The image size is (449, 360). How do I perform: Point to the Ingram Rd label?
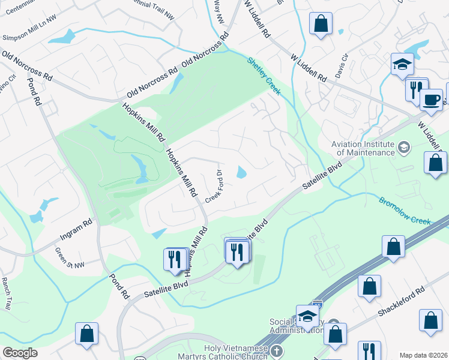(x=76, y=229)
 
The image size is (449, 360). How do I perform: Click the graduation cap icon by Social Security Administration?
(x=307, y=316)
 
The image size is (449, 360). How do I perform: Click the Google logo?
(x=20, y=353)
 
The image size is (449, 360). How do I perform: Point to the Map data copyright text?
(x=423, y=355)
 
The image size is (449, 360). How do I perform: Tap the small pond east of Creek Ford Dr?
(x=242, y=173)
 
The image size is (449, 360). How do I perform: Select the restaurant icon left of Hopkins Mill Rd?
(x=173, y=259)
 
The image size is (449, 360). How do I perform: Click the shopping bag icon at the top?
(x=321, y=25)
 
